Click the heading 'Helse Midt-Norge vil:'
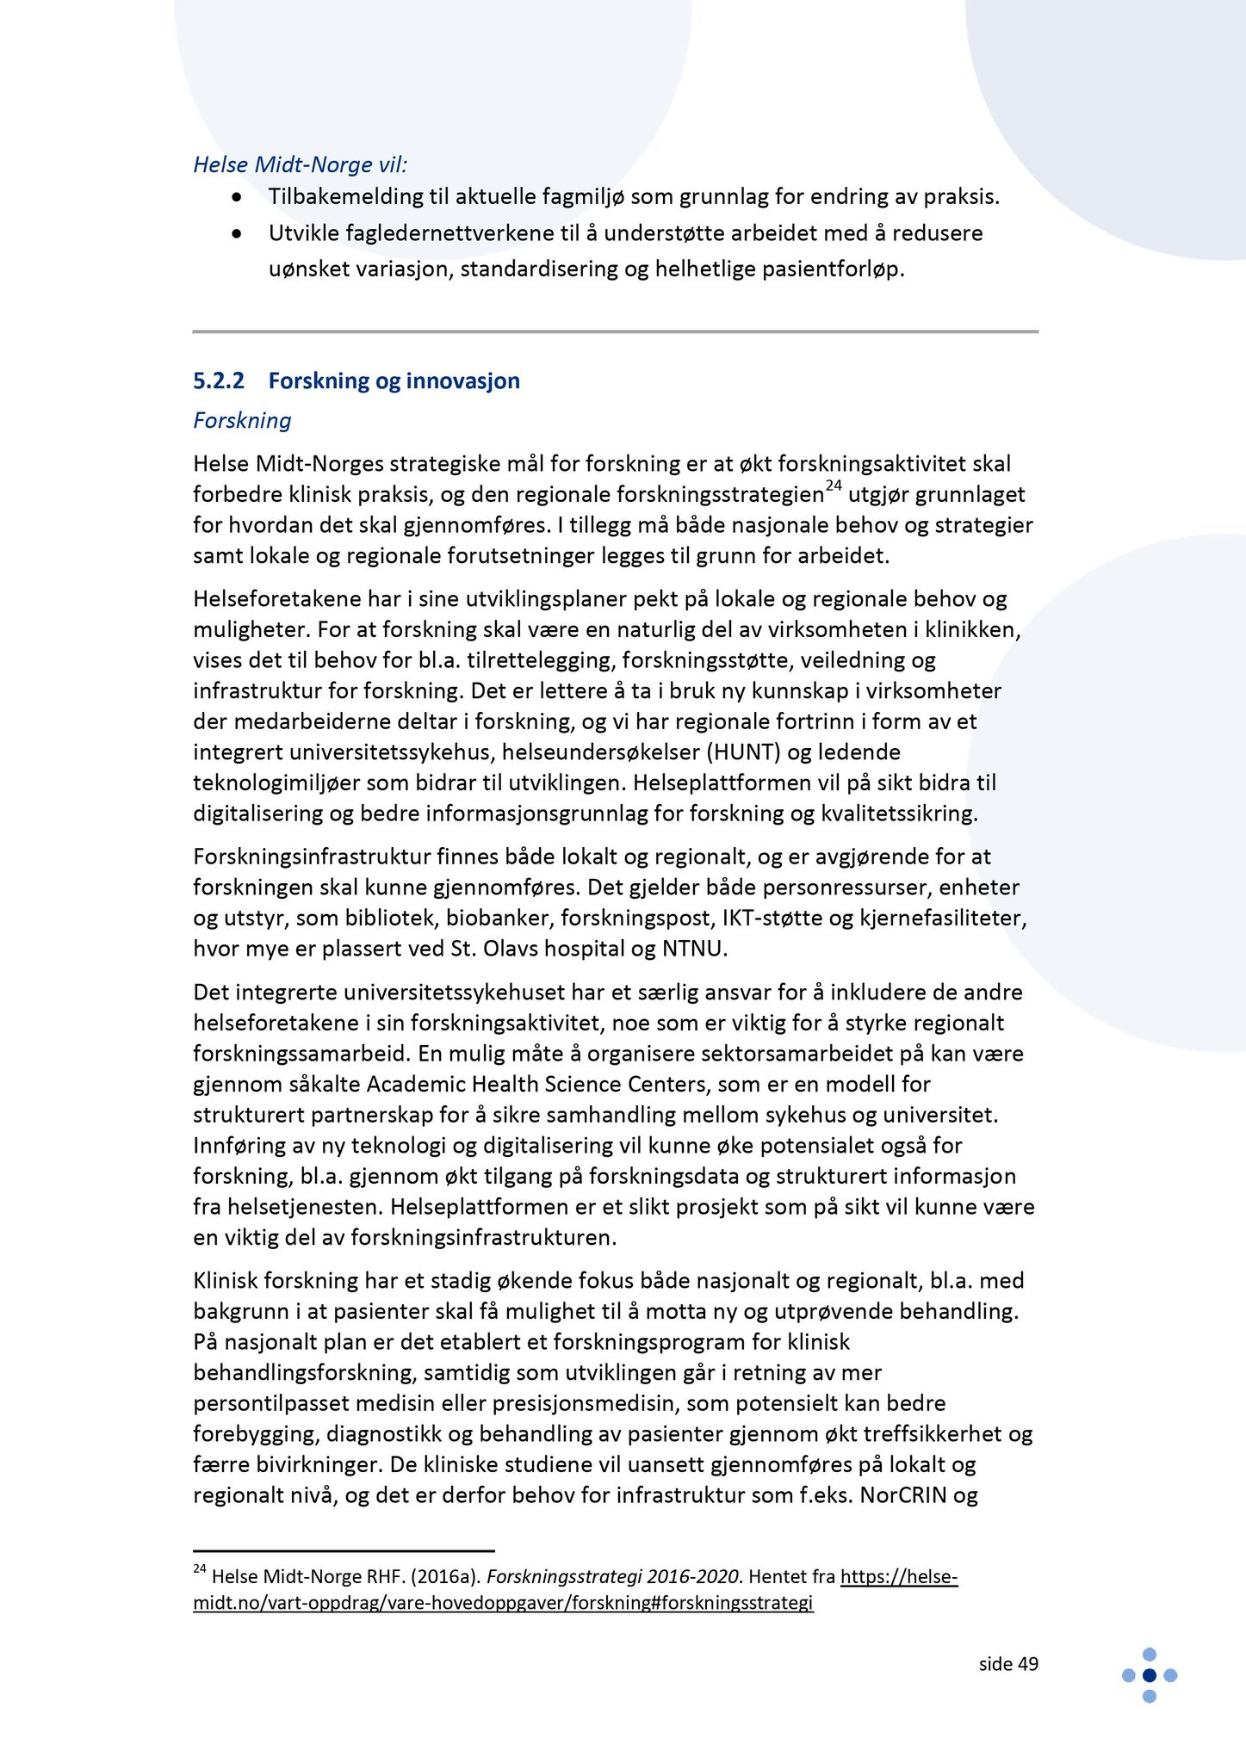[300, 164]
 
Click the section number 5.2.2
[219, 380]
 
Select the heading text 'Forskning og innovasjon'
[394, 380]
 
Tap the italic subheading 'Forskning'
[242, 420]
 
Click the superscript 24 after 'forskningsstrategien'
[833, 486]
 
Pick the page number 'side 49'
[1008, 1665]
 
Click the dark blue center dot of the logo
[1149, 1675]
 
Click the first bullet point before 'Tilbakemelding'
[237, 197]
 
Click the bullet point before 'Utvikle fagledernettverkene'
[237, 233]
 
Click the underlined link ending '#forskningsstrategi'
[503, 1603]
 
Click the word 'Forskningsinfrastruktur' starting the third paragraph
[311, 857]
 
